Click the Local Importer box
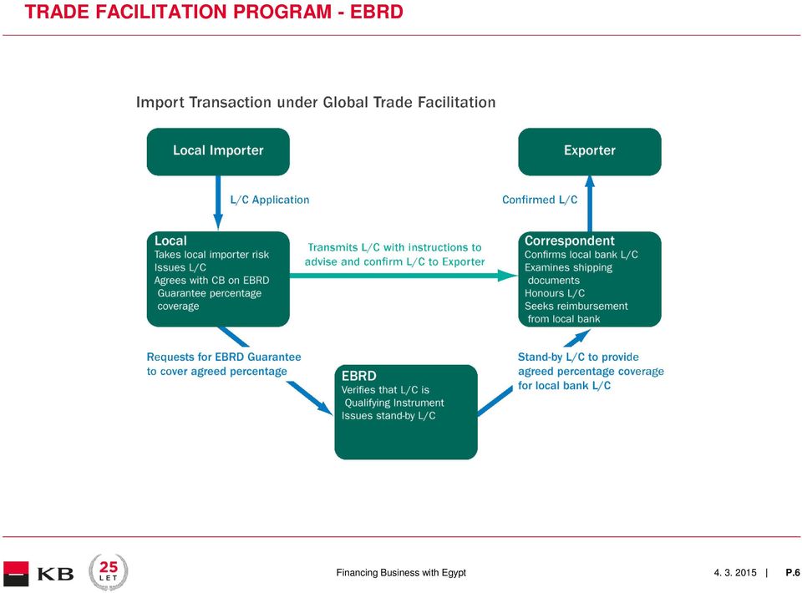tap(218, 152)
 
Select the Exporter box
tap(589, 152)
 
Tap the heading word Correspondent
tap(569, 241)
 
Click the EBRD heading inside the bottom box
tap(359, 376)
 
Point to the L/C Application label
tap(270, 200)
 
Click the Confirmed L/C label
tap(540, 200)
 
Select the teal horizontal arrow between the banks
tap(404, 276)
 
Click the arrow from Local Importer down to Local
tap(218, 203)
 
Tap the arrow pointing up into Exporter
tap(590, 204)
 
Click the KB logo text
tap(56, 574)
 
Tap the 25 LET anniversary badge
tap(108, 571)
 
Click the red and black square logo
tap(16, 574)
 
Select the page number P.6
tap(793, 573)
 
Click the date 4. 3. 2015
tap(735, 573)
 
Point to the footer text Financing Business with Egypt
tap(401, 573)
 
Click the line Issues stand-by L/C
tap(388, 416)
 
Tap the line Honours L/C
tap(555, 293)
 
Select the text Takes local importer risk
tap(211, 255)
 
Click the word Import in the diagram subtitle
tap(160, 102)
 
